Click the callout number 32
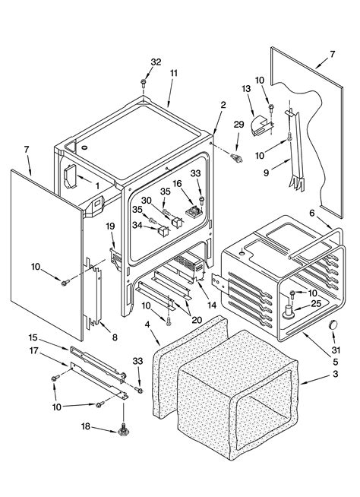(156, 62)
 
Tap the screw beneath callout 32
(144, 83)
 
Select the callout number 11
(173, 73)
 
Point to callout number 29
(238, 125)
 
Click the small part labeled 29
(236, 157)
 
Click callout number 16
(177, 183)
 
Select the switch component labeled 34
(163, 231)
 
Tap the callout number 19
(110, 226)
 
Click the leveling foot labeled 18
(123, 430)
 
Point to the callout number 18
(86, 426)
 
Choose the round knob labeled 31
(333, 325)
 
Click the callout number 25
(316, 303)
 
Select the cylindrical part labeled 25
(289, 312)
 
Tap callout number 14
(212, 305)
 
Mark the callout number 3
(336, 374)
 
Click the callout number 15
(33, 337)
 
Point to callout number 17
(34, 351)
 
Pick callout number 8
(115, 337)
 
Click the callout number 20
(197, 320)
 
